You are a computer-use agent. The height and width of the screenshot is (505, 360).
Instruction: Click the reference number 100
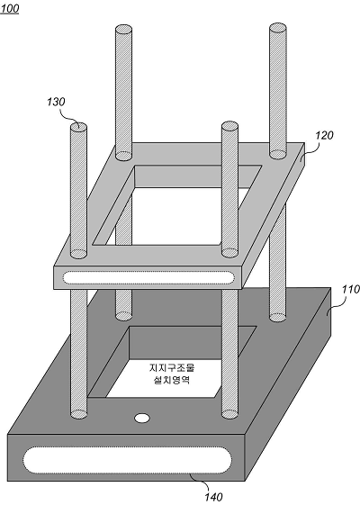(10, 9)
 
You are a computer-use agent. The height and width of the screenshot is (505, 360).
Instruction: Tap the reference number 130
(56, 102)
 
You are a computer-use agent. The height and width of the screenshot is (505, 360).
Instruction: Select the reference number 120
(324, 135)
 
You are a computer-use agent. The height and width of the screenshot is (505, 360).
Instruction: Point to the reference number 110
(351, 290)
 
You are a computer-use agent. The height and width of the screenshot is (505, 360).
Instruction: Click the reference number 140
(213, 497)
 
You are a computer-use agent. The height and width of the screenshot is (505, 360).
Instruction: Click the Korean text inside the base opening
(172, 374)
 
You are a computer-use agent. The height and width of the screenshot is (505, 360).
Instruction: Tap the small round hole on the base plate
(141, 419)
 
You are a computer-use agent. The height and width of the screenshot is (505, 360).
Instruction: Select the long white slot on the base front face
(128, 460)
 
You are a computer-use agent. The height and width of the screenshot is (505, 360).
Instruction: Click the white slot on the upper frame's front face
(148, 277)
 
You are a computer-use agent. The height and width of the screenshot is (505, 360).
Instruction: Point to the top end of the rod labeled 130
(78, 126)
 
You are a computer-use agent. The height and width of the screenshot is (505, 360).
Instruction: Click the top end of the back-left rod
(123, 29)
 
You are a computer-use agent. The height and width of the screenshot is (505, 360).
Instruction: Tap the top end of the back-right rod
(278, 27)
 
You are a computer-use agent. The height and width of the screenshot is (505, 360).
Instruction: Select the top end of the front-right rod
(229, 126)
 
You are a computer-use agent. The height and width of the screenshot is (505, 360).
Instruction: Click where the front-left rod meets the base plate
(79, 414)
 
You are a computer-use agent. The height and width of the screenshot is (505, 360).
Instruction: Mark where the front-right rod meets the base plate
(229, 414)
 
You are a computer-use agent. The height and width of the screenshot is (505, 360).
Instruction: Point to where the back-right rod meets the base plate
(277, 317)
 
